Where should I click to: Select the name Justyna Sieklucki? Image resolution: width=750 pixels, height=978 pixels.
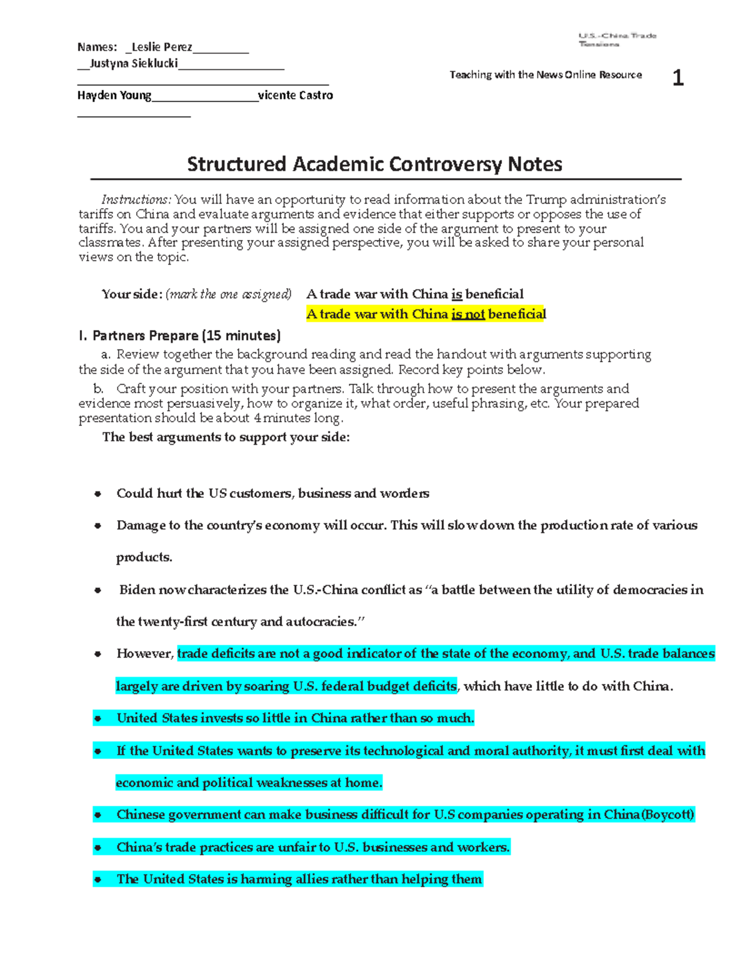click(134, 63)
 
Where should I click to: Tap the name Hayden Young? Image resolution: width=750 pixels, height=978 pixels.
click(114, 95)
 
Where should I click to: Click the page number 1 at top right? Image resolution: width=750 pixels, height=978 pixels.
click(677, 78)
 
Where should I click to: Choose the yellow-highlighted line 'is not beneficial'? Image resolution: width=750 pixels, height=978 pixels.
click(426, 314)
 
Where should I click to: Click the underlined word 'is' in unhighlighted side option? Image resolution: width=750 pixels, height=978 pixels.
click(456, 294)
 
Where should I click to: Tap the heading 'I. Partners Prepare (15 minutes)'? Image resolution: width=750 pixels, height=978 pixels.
click(179, 336)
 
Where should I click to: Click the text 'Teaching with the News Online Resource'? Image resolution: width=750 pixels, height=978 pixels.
click(546, 75)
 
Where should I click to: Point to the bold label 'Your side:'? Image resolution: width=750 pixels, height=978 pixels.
click(132, 294)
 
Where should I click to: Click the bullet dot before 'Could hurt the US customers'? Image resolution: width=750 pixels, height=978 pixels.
click(97, 494)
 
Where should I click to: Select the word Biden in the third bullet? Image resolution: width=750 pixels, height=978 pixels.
click(137, 590)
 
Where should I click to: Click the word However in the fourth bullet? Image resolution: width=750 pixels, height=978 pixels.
click(144, 653)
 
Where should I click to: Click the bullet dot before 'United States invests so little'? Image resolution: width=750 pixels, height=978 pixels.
click(97, 718)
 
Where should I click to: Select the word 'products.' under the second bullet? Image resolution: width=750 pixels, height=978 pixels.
click(144, 557)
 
